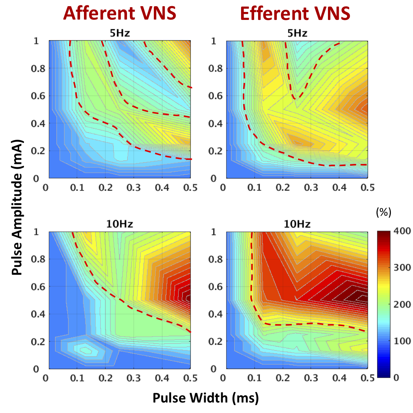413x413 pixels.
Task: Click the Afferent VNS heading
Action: [x=119, y=13]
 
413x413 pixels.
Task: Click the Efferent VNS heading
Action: [x=295, y=13]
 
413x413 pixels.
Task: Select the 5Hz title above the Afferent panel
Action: [x=119, y=34]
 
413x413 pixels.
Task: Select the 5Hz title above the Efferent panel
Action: [x=297, y=34]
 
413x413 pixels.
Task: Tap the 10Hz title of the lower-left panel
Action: [x=119, y=224]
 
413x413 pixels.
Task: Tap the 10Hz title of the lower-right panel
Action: [x=297, y=224]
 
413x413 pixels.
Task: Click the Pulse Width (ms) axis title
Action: [x=206, y=397]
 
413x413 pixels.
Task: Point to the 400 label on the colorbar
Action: [x=402, y=231]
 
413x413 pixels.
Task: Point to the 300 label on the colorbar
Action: [x=402, y=268]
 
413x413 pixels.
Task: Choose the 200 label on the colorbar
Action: [x=402, y=304]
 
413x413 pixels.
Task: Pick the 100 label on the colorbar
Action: [x=402, y=341]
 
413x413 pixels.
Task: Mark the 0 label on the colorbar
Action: [x=396, y=378]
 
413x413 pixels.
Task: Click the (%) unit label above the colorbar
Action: [x=384, y=212]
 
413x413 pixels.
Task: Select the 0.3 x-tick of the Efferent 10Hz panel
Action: [x=311, y=378]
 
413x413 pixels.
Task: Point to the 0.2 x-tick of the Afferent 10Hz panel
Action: [x=105, y=378]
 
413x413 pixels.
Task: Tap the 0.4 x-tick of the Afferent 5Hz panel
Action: [x=162, y=187]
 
